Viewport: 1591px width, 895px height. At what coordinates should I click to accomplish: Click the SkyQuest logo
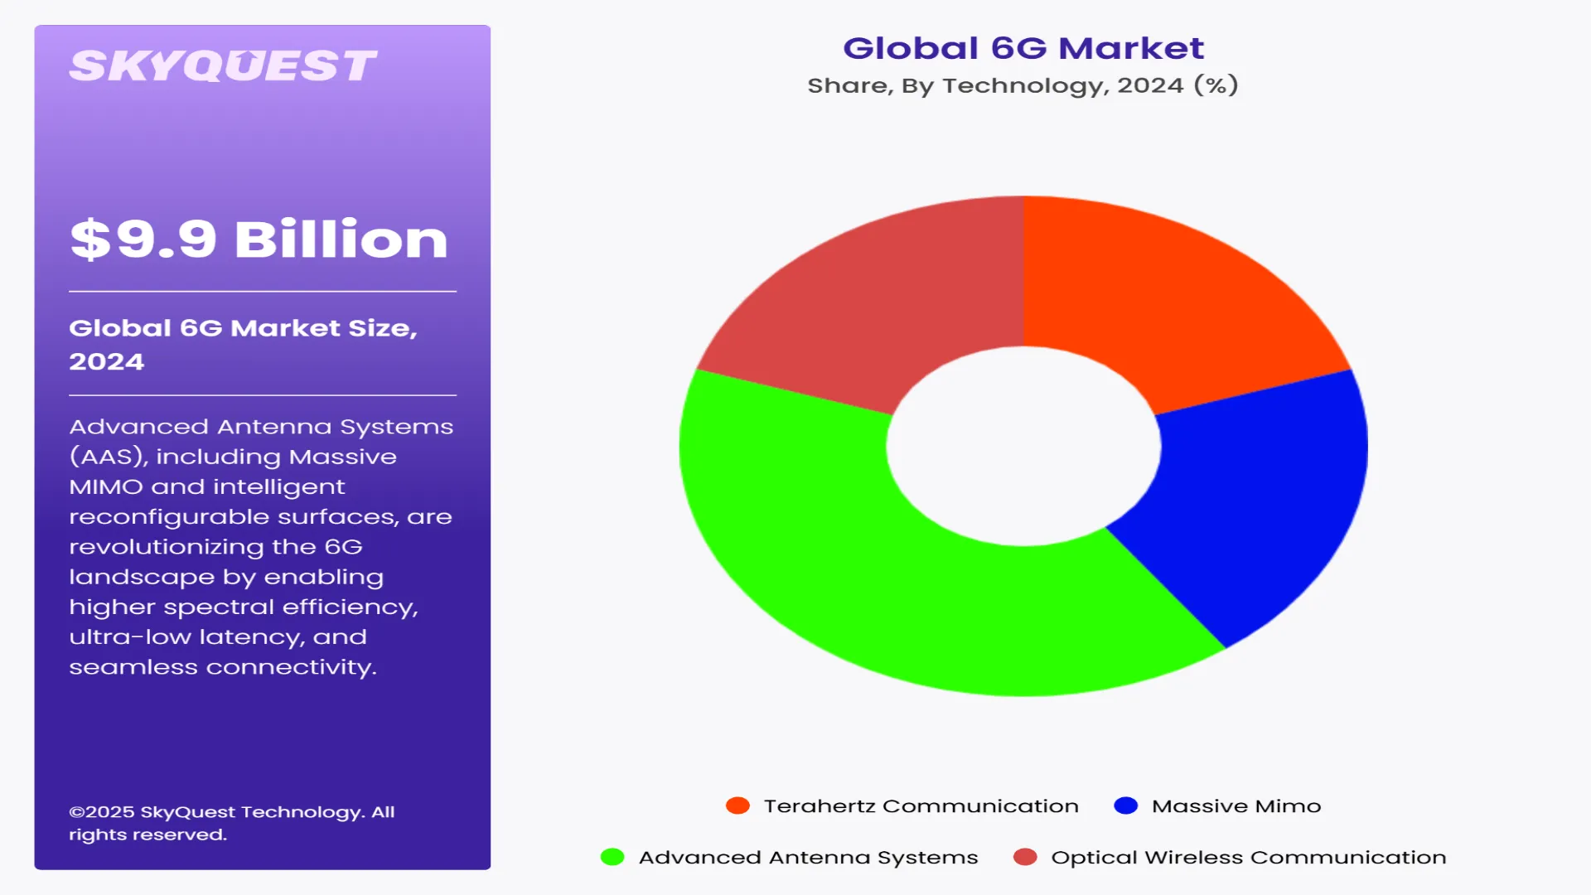click(x=222, y=66)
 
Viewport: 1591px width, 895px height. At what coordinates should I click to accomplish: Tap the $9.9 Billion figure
click(x=259, y=239)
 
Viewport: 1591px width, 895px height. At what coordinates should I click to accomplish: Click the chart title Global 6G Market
click(x=1023, y=48)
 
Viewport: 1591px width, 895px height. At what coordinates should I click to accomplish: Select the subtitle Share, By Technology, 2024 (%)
click(x=1023, y=85)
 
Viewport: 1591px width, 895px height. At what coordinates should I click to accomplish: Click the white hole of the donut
click(x=1023, y=446)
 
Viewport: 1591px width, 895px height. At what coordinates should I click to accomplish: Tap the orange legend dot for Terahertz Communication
click(x=737, y=805)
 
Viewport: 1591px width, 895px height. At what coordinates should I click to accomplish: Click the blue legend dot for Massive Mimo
click(x=1125, y=805)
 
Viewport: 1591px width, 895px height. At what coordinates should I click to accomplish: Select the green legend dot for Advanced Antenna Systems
click(x=612, y=857)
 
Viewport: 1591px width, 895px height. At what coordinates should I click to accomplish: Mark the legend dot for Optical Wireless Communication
click(x=1025, y=857)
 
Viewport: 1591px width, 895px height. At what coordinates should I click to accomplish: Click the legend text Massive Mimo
click(x=1236, y=805)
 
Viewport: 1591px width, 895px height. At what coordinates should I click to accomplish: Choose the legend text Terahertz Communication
click(x=921, y=805)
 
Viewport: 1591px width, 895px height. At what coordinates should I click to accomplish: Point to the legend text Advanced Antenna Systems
click(x=808, y=857)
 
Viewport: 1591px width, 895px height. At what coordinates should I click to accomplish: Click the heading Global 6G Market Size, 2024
click(x=243, y=344)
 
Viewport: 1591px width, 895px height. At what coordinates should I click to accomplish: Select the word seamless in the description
click(x=133, y=667)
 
